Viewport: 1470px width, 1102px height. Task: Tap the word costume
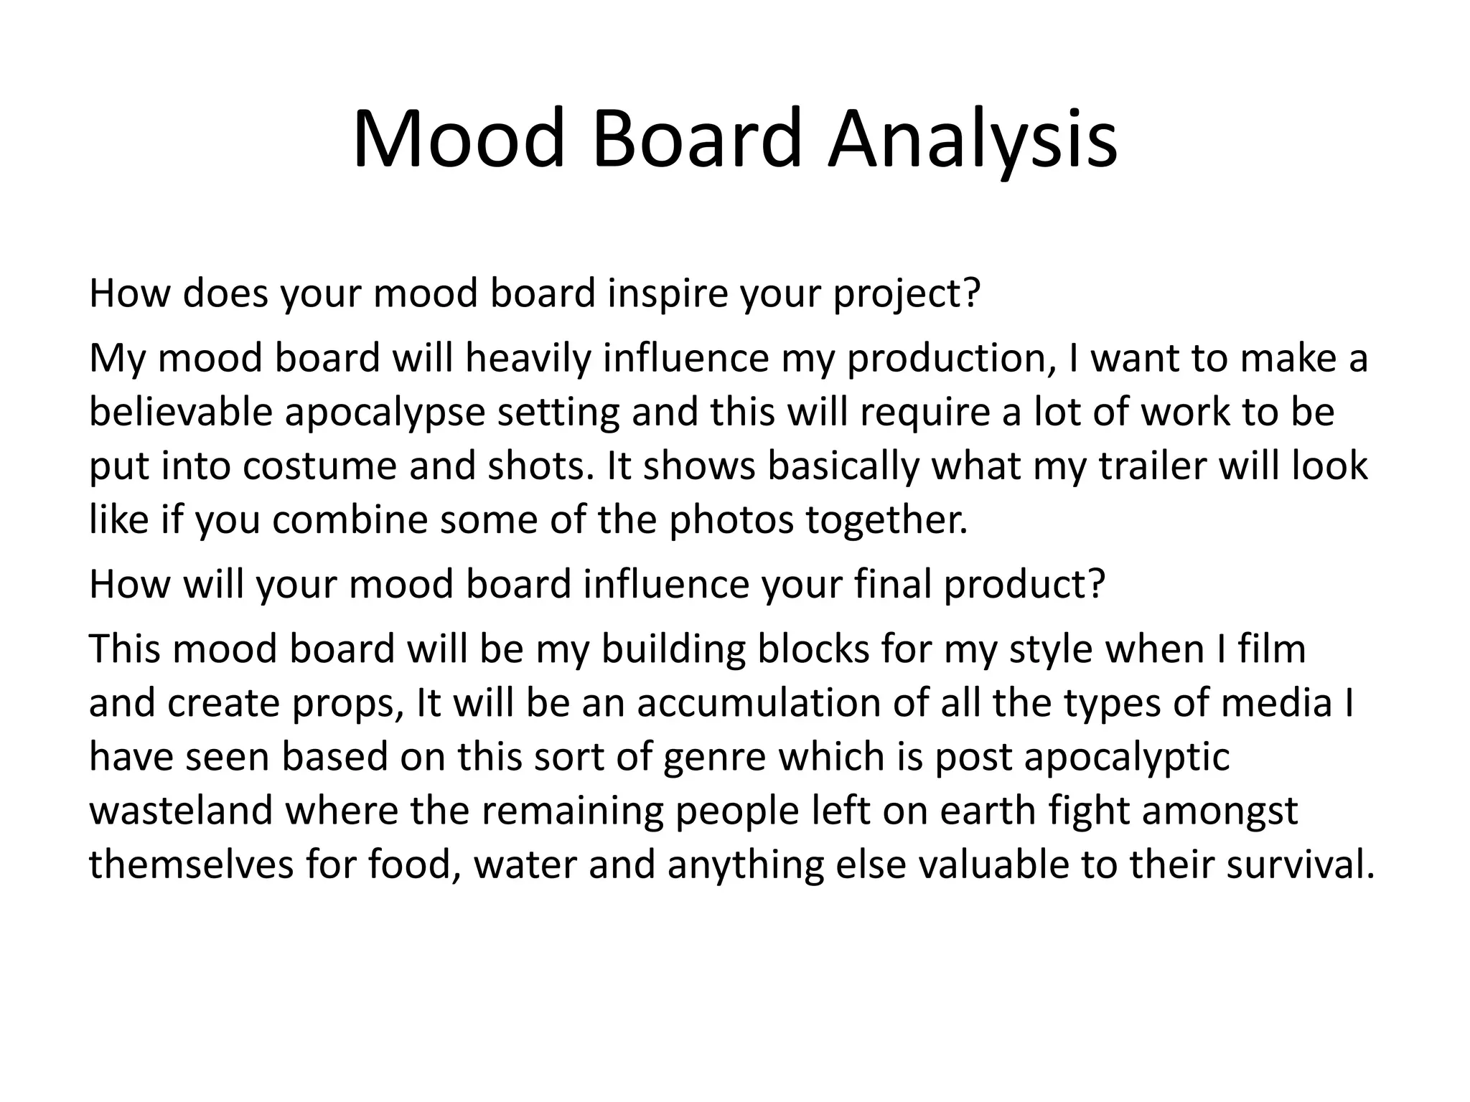(319, 466)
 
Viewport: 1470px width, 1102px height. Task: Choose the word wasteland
(181, 811)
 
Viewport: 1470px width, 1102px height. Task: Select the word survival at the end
(1299, 865)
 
